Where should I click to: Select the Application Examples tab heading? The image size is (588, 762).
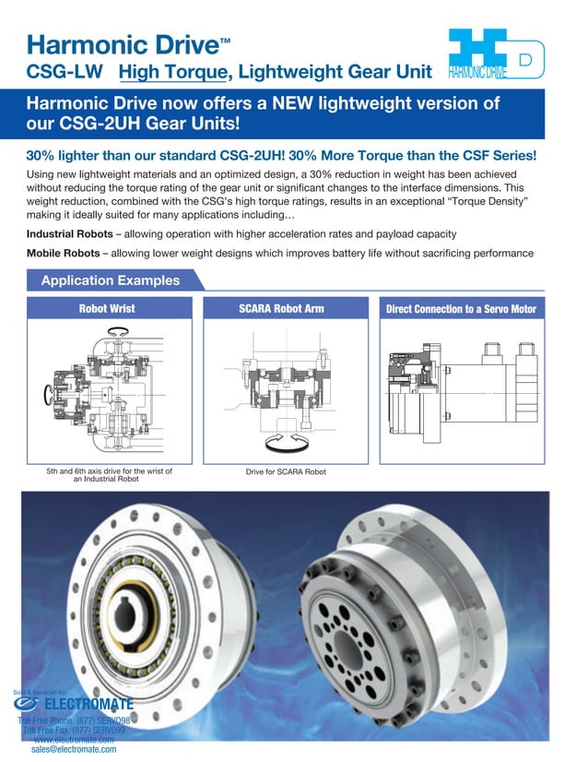[110, 280]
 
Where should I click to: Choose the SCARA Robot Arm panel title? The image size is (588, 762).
[288, 309]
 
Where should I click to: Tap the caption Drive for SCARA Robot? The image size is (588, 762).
[286, 473]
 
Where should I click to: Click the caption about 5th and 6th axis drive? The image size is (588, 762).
[109, 474]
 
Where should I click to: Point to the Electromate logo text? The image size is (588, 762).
[87, 706]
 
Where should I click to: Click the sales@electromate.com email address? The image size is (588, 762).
[74, 750]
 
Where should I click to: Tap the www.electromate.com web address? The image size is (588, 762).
[74, 740]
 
